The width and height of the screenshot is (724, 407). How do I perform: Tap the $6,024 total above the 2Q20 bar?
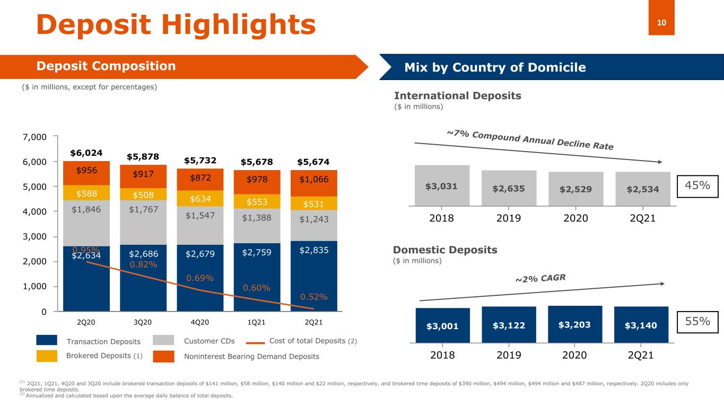point(86,153)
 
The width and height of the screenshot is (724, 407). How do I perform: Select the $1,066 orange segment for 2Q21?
point(313,180)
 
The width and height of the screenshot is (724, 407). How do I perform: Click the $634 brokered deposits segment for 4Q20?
point(200,198)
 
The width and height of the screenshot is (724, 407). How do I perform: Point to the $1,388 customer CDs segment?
point(257,218)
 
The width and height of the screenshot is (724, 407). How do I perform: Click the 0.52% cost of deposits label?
point(313,297)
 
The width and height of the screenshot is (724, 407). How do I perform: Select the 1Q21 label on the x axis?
point(257,322)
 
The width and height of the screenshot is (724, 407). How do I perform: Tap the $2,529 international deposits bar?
point(575,189)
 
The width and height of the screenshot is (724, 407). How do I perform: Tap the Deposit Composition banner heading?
point(106,66)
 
